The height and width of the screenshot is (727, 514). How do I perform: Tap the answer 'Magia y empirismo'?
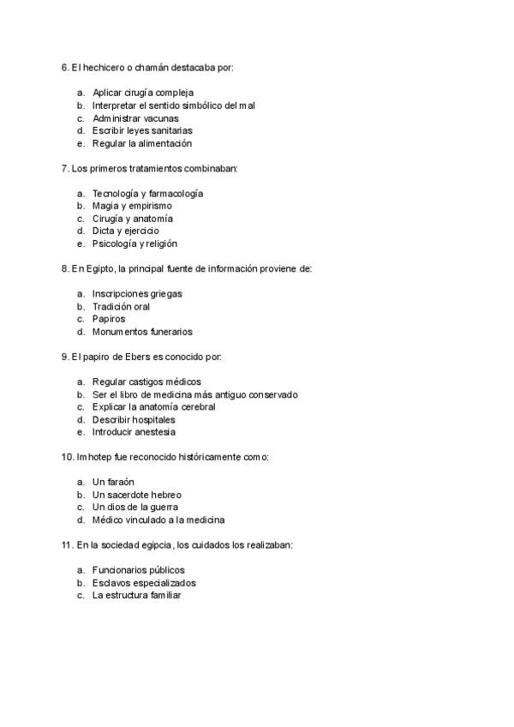pos(132,206)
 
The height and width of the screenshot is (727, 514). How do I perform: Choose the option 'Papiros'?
pos(109,319)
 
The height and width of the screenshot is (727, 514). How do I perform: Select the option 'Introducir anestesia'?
pos(134,432)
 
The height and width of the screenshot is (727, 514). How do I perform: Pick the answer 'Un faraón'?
pos(113,482)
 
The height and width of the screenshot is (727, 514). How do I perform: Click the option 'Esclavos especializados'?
pos(144,582)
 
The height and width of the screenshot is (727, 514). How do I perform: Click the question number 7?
pos(64,168)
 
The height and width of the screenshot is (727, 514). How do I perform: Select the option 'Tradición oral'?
pos(121,306)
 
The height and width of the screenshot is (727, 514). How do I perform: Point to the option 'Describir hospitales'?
pos(134,420)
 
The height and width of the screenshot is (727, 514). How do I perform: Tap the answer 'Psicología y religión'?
pos(134,243)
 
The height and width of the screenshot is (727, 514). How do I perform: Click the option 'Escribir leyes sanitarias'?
pos(142,130)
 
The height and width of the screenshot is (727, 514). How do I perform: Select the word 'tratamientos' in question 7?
pos(146,168)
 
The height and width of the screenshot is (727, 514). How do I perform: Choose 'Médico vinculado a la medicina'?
pos(158,520)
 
